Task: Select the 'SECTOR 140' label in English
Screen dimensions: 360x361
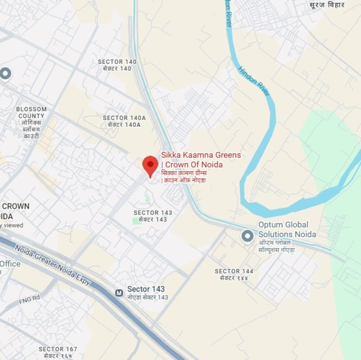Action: tap(117, 62)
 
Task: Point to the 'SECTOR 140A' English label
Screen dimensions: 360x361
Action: tap(124, 118)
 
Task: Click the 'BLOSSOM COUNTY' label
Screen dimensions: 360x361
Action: tap(31, 113)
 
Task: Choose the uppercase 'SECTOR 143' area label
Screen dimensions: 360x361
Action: tap(153, 213)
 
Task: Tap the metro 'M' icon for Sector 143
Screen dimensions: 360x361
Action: tap(119, 293)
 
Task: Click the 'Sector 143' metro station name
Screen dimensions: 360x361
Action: tap(146, 289)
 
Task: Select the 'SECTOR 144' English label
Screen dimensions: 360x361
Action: tap(234, 271)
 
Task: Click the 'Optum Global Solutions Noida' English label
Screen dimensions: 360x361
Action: tap(287, 229)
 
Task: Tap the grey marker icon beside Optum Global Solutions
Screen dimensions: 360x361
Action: tap(247, 236)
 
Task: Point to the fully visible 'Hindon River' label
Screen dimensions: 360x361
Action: tap(254, 81)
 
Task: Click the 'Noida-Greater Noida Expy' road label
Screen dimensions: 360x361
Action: tap(52, 265)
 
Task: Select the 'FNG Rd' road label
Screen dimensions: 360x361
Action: tap(29, 300)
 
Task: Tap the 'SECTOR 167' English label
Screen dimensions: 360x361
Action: tap(58, 349)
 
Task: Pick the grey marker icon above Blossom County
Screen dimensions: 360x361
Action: tap(5, 73)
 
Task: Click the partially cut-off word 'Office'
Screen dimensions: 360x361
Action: tap(10, 264)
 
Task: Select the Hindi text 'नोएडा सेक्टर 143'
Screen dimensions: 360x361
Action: tap(148, 297)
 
